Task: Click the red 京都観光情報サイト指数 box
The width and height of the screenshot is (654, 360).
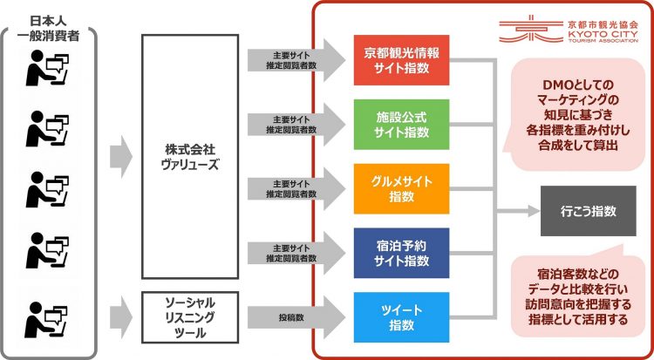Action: pos(402,59)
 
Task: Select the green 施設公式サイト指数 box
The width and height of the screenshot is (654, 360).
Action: pos(402,125)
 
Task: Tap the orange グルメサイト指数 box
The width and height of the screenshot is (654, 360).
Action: pos(402,189)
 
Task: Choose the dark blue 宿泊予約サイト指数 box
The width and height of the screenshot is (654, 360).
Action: pos(402,254)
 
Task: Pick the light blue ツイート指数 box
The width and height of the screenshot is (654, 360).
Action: pos(402,317)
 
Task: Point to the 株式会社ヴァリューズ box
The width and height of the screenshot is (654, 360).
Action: pos(189,157)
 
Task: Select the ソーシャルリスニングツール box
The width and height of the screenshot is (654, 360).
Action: pos(189,317)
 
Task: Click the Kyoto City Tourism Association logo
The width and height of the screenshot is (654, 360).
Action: pos(576,30)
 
